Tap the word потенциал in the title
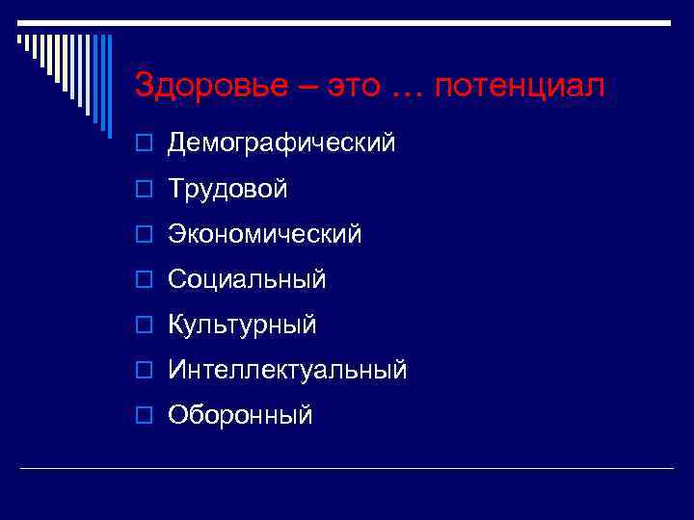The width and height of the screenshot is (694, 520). (x=520, y=87)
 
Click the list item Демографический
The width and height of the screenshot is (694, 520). (x=281, y=143)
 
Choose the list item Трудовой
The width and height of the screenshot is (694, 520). (x=227, y=190)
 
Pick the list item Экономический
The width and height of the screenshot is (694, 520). (x=265, y=234)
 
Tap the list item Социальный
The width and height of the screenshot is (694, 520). (x=247, y=280)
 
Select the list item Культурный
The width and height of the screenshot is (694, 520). (x=242, y=325)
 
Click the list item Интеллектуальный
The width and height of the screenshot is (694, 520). (x=287, y=370)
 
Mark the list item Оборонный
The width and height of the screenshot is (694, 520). (x=240, y=415)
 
